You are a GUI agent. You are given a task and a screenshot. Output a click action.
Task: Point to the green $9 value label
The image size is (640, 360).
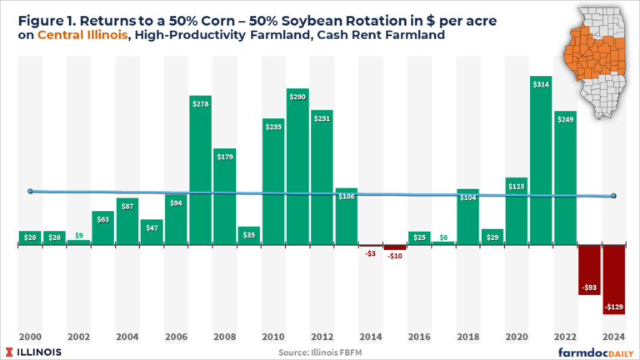(x=78, y=235)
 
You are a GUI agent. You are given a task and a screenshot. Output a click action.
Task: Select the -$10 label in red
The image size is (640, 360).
(x=394, y=256)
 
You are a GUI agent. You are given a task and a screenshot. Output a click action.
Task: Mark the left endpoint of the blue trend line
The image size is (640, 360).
(x=30, y=191)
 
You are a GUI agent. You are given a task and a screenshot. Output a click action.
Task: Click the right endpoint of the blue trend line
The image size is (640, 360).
(x=613, y=196)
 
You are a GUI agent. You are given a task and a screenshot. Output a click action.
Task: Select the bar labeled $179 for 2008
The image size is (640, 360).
(x=224, y=197)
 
